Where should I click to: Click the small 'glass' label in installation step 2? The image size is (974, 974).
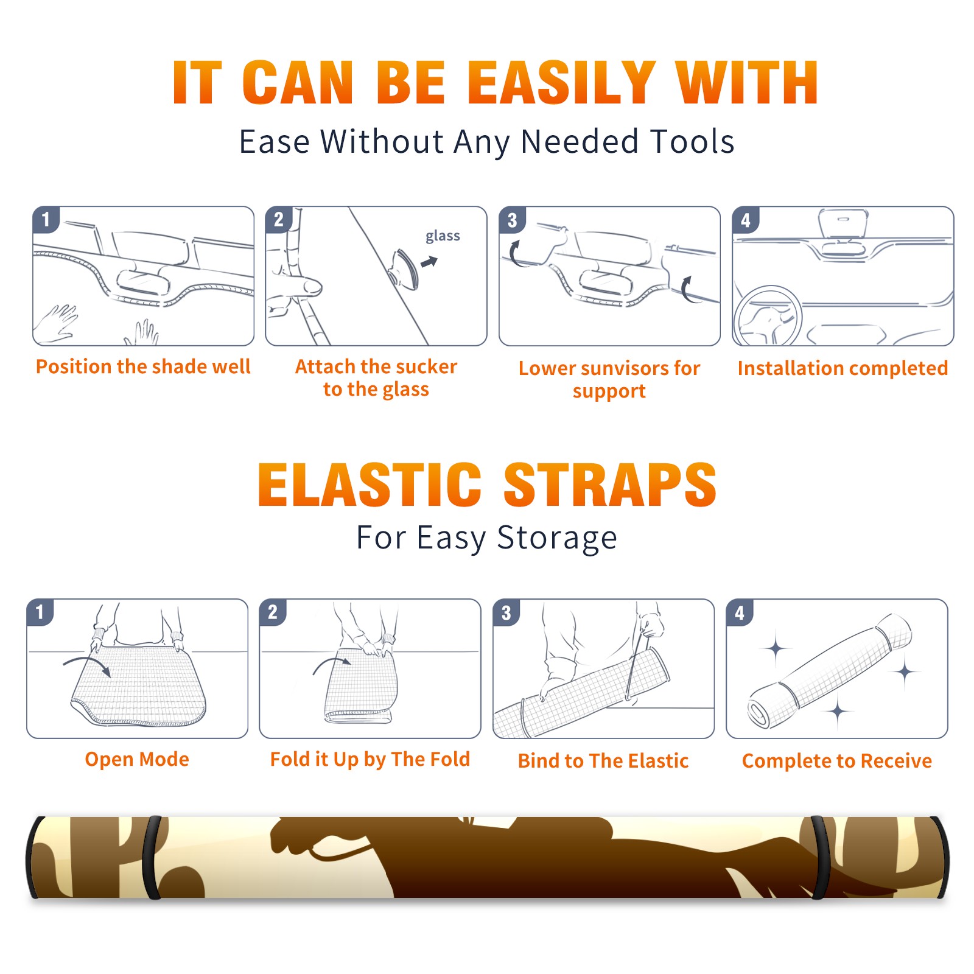(443, 236)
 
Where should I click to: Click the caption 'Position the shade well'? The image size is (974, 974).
(143, 366)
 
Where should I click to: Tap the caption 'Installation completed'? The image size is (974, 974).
(843, 368)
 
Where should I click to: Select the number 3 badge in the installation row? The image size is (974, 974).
(512, 220)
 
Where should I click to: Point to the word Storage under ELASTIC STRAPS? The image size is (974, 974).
(557, 539)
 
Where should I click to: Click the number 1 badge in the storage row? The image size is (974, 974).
(40, 612)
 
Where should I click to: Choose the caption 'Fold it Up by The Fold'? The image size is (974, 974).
(370, 760)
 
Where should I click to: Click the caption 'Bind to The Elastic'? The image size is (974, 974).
(603, 761)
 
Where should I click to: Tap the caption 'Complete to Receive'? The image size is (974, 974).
(837, 761)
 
